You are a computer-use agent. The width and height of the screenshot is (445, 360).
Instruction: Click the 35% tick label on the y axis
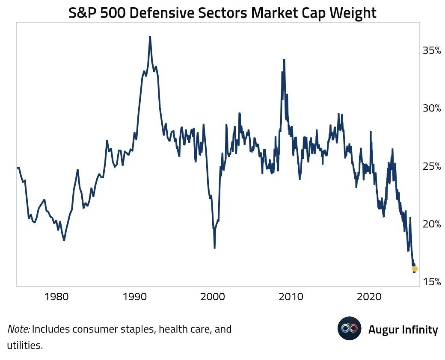[432, 51]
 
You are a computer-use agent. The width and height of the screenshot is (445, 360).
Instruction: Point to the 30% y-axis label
[432, 109]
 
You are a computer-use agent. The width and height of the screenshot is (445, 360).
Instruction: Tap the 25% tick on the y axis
[432, 166]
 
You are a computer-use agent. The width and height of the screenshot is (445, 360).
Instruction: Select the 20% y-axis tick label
[432, 224]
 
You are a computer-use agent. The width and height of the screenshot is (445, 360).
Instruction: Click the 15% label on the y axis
[432, 282]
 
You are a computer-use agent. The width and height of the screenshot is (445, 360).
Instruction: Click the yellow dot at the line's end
[415, 269]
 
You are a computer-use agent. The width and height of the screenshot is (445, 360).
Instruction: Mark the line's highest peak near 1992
[150, 37]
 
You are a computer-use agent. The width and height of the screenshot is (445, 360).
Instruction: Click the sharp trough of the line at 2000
[214, 248]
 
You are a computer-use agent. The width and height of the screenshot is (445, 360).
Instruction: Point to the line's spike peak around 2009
[284, 60]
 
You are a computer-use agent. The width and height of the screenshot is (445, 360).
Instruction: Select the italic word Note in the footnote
[18, 330]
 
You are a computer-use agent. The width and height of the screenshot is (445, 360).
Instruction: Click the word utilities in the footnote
[25, 345]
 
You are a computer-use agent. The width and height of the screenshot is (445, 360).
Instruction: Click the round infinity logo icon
[350, 328]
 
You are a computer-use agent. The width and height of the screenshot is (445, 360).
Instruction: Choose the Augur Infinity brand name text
[403, 330]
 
